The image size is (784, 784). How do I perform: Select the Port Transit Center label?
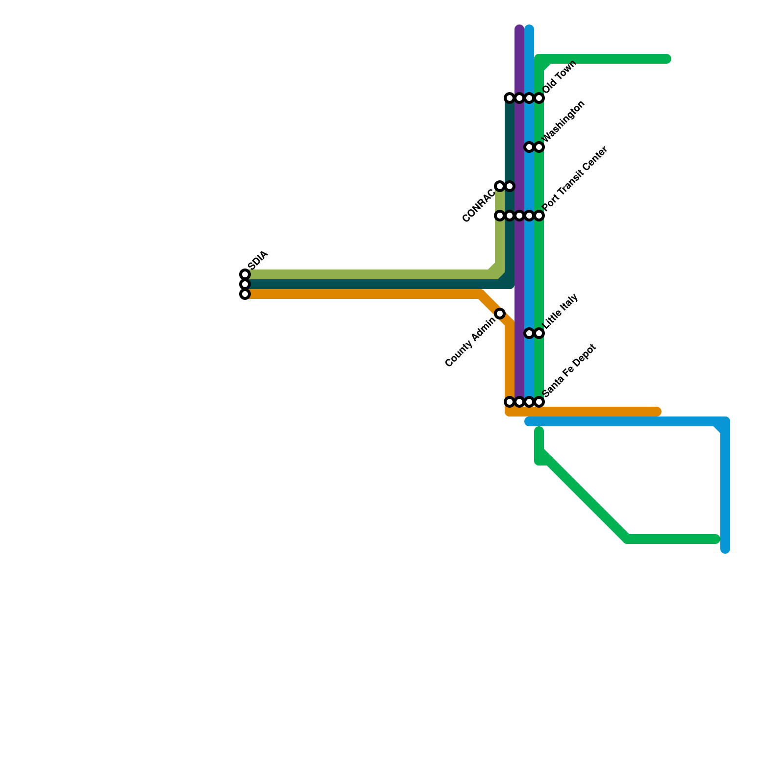coord(575,179)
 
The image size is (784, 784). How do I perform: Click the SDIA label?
coord(258,260)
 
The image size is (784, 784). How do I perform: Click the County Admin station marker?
coord(500,314)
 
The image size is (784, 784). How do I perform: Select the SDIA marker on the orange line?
coord(245,294)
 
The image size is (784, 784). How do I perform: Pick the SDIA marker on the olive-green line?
coord(245,274)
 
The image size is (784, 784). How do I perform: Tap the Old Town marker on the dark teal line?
coord(510,98)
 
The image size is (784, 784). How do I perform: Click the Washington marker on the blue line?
coord(529,147)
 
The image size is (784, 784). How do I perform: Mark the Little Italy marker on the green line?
coord(539,333)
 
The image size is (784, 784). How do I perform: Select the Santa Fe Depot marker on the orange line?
coord(510,402)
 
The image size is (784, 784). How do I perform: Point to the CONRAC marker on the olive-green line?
coord(500,186)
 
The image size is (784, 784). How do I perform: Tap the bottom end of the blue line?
coord(725,549)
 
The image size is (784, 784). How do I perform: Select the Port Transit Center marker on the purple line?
coord(519,216)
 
